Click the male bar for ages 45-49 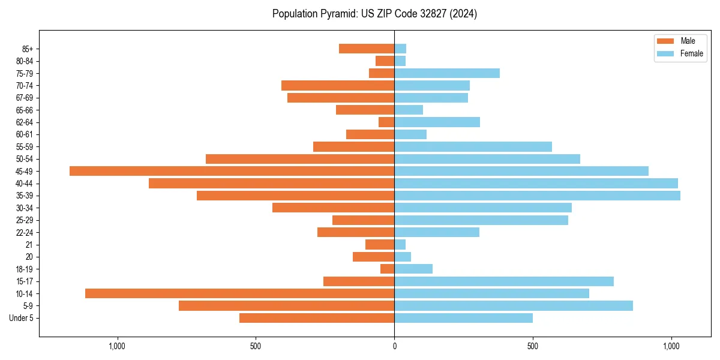click(232, 171)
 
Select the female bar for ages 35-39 click(537, 196)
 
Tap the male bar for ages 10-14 click(239, 293)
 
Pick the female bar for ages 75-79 click(447, 73)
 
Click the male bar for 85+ click(367, 49)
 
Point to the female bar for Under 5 click(463, 318)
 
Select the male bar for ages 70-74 click(338, 86)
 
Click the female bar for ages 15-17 click(504, 281)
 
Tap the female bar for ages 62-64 click(437, 122)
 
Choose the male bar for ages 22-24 click(356, 232)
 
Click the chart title click(374, 14)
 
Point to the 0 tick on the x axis click(394, 346)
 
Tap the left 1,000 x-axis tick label click(117, 346)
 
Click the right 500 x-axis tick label click(533, 346)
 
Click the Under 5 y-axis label click(21, 318)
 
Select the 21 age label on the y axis click(29, 245)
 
